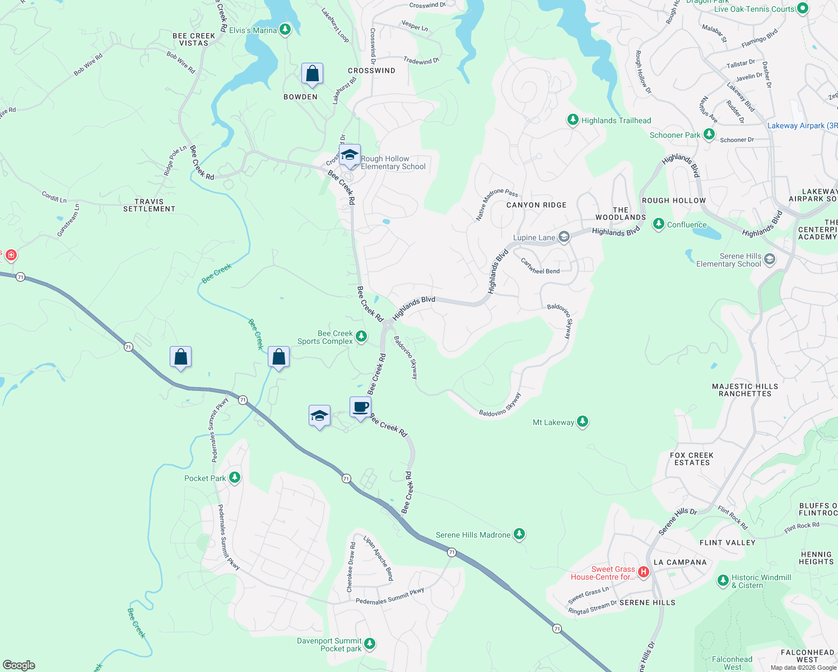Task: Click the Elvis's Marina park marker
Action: pyautogui.click(x=285, y=30)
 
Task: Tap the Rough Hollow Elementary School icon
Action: pyautogui.click(x=350, y=155)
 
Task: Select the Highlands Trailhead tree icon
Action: pyautogui.click(x=572, y=120)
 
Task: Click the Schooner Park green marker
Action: pyautogui.click(x=709, y=134)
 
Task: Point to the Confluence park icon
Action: pyautogui.click(x=659, y=225)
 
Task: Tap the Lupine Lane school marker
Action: pyautogui.click(x=564, y=237)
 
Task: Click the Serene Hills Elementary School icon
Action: pyautogui.click(x=770, y=259)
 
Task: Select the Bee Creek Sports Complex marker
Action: pyautogui.click(x=361, y=337)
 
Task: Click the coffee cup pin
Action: pyautogui.click(x=361, y=407)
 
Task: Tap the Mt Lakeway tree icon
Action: pyautogui.click(x=583, y=422)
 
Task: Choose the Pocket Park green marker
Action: pyautogui.click(x=235, y=478)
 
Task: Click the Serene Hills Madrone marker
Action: pyautogui.click(x=519, y=534)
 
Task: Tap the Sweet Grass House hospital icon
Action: pyautogui.click(x=644, y=572)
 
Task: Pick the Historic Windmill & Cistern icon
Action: pyautogui.click(x=723, y=581)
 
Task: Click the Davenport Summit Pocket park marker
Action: pyautogui.click(x=370, y=644)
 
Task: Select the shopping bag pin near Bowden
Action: pyautogui.click(x=312, y=74)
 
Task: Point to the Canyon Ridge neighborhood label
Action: pyautogui.click(x=536, y=205)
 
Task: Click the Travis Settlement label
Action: pyautogui.click(x=149, y=205)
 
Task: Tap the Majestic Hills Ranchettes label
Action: pyautogui.click(x=745, y=390)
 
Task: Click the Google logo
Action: pyautogui.click(x=19, y=665)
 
